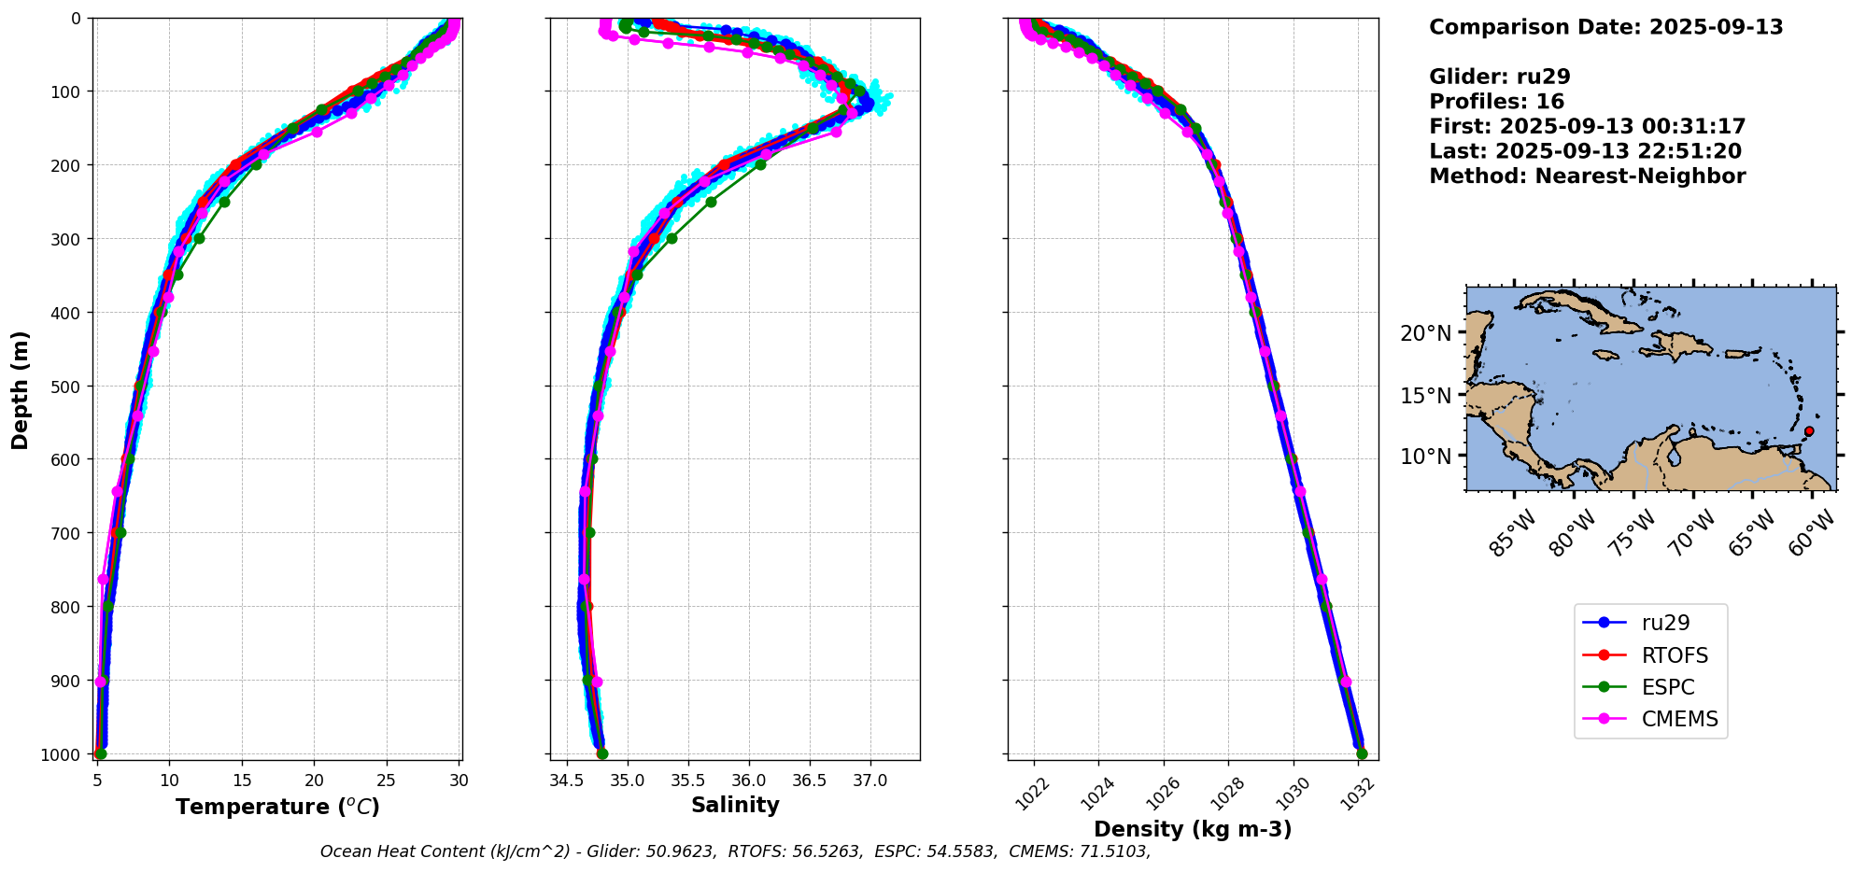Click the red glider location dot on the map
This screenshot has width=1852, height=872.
(1809, 431)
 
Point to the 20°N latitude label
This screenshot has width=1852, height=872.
(1426, 333)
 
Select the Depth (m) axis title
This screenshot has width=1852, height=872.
(21, 389)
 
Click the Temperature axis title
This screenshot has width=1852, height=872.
(277, 807)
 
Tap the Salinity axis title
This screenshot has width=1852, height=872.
(735, 805)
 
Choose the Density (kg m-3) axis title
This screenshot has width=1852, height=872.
(1193, 829)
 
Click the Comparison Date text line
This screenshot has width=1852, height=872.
(1605, 27)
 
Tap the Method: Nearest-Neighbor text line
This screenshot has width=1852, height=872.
(1587, 176)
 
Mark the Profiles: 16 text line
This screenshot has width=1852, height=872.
(1496, 102)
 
